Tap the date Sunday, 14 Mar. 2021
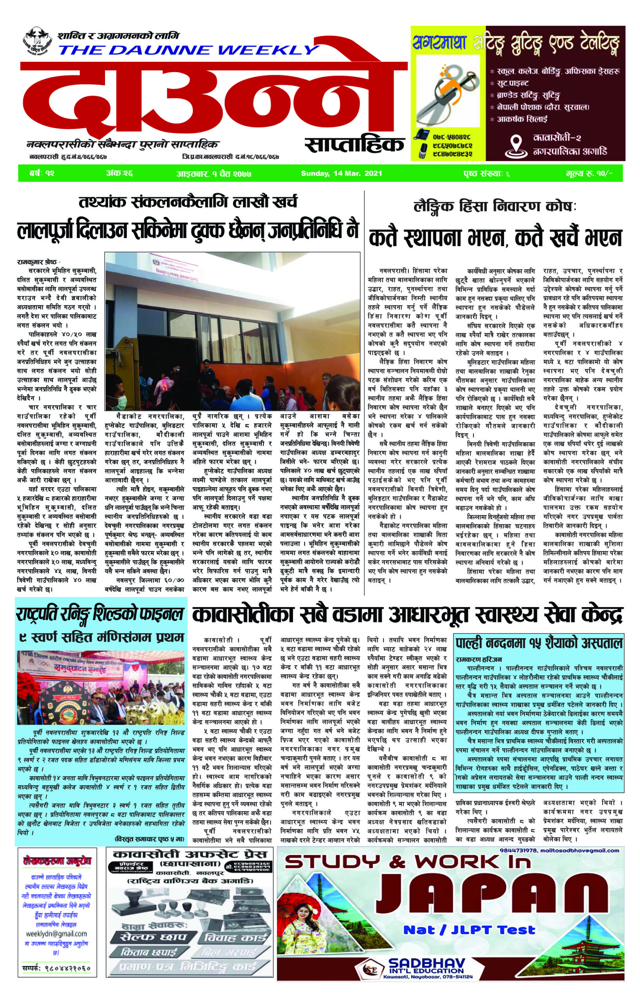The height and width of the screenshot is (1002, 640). [341, 173]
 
